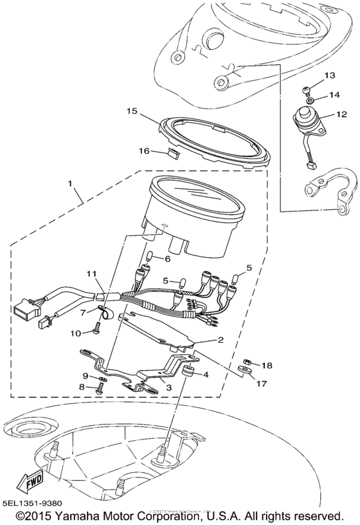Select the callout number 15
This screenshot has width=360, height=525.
coord(131,111)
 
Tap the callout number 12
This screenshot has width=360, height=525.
coord(329,115)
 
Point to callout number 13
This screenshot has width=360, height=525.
coord(329,75)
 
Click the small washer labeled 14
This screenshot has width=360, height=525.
coord(310,100)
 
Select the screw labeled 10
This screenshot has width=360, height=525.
coord(96,330)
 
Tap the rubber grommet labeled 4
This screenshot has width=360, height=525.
coord(189,374)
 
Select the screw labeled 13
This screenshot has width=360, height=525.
coord(308,89)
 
